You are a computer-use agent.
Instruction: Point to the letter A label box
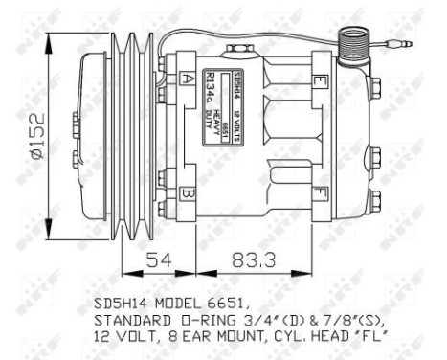183,81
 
